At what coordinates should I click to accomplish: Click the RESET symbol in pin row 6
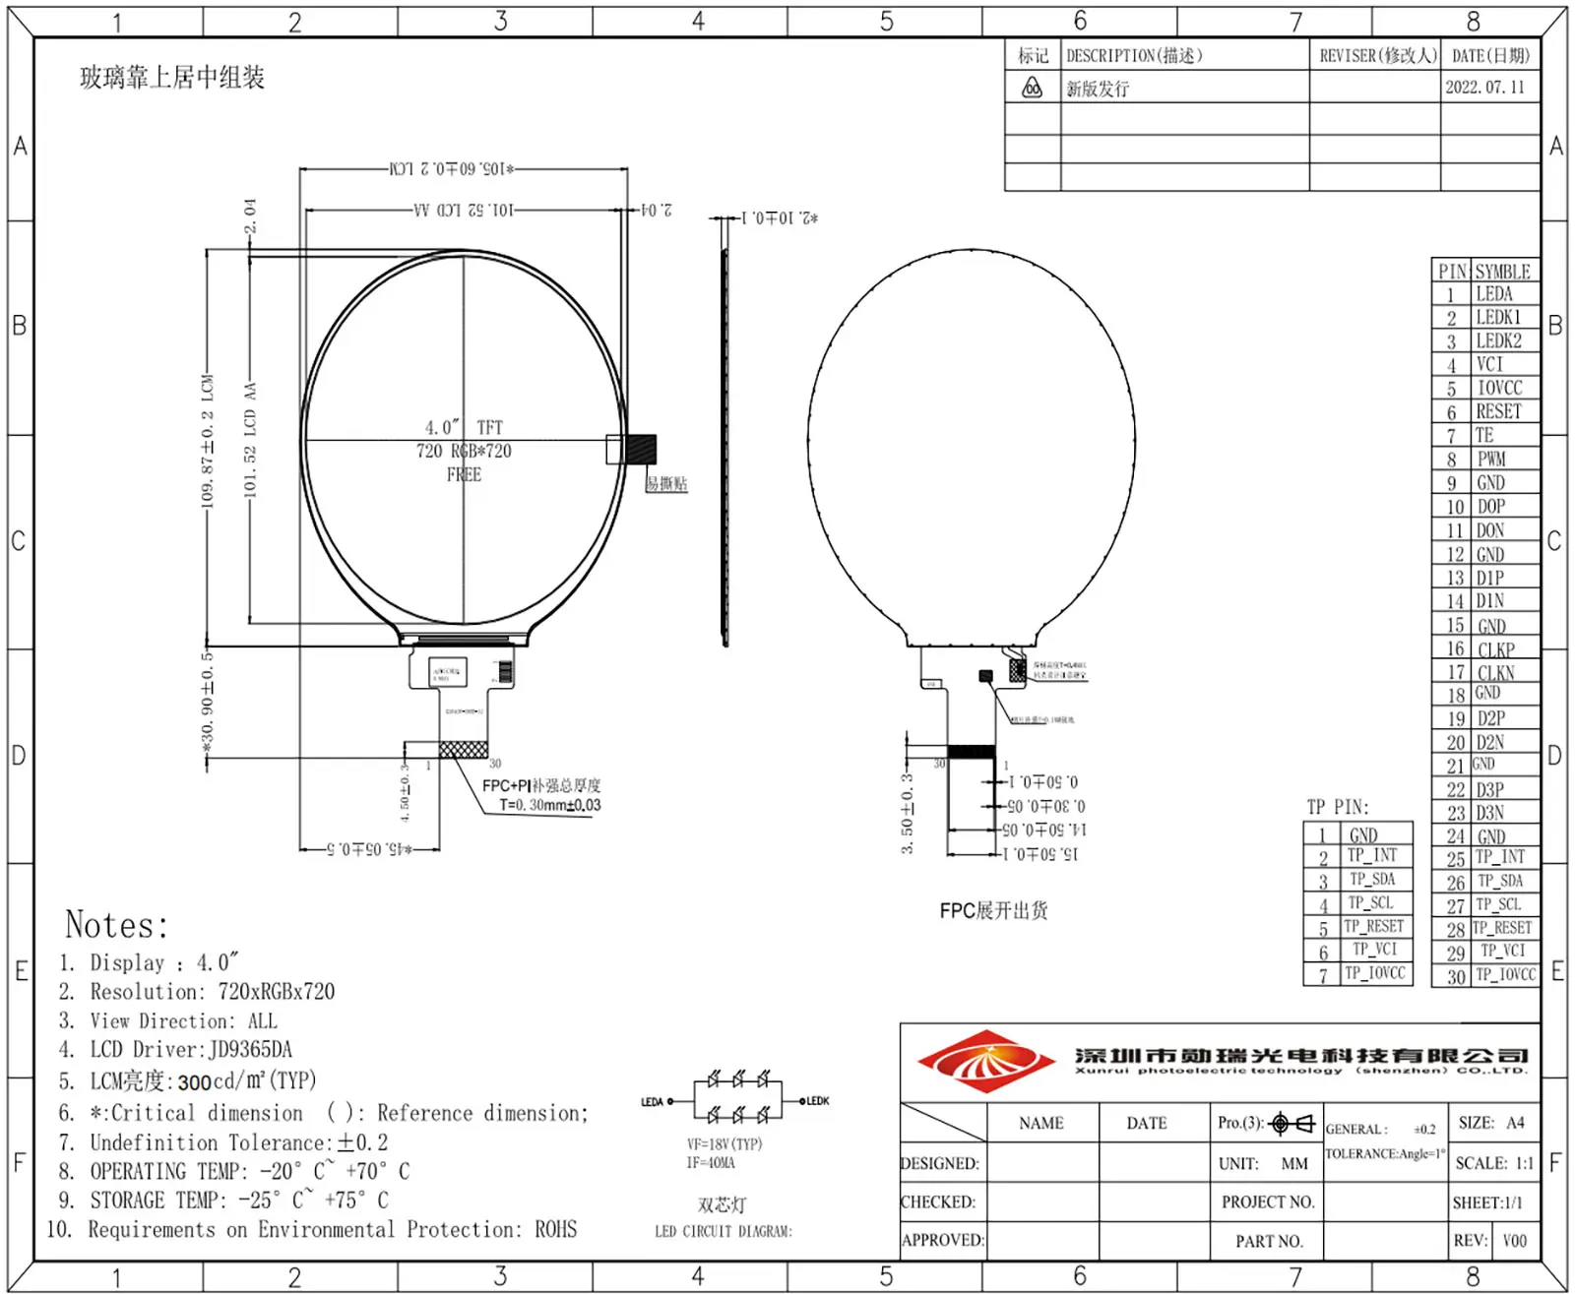(x=1497, y=411)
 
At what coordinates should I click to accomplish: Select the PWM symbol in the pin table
(x=1490, y=459)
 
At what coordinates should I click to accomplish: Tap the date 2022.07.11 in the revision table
(x=1484, y=87)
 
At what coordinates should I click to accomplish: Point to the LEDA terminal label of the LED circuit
(x=652, y=1101)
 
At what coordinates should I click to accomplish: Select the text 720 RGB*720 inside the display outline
(x=464, y=451)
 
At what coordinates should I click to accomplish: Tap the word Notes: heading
(x=116, y=925)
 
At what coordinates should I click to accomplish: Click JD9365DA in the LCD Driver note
(x=250, y=1049)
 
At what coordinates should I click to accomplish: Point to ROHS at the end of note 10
(x=555, y=1229)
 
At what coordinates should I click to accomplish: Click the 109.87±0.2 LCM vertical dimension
(x=207, y=443)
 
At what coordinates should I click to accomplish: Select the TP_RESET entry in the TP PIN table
(x=1373, y=926)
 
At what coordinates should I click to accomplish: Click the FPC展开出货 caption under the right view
(x=993, y=910)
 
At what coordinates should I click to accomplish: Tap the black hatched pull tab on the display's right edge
(x=641, y=449)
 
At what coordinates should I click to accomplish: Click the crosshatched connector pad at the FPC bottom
(x=463, y=750)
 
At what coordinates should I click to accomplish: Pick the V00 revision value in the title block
(x=1514, y=1240)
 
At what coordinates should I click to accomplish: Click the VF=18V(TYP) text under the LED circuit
(x=724, y=1143)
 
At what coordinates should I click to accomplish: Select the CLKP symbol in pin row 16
(x=1495, y=649)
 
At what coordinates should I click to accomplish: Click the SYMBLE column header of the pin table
(x=1502, y=271)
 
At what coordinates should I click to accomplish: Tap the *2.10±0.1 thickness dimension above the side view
(x=780, y=217)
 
